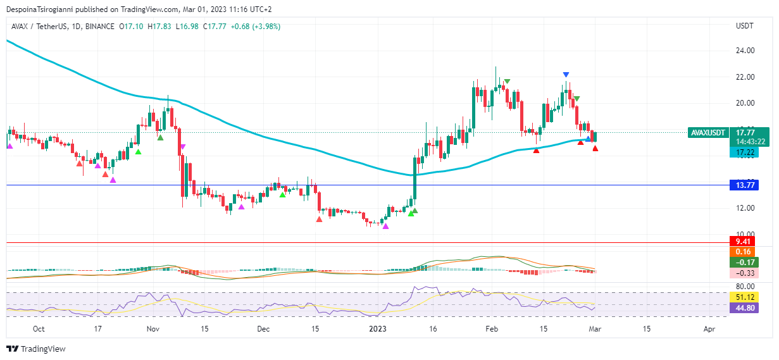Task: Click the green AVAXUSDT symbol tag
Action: point(707,133)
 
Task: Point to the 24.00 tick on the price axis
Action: point(744,51)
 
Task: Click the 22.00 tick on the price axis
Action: point(744,77)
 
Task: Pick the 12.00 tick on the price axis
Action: point(744,208)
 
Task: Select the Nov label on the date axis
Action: point(153,329)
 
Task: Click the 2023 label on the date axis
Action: point(378,329)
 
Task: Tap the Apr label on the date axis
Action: point(709,329)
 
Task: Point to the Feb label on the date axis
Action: point(491,329)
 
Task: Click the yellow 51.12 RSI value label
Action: point(743,297)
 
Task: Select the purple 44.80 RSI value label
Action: point(743,309)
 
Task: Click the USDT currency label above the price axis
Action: point(744,26)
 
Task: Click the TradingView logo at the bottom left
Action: point(36,349)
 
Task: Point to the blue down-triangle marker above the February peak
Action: point(566,75)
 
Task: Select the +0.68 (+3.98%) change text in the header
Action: point(257,27)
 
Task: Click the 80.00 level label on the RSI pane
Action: point(744,287)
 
